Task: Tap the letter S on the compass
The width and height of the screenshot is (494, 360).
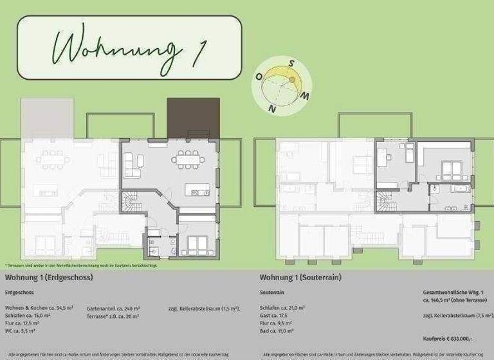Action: pos(291,63)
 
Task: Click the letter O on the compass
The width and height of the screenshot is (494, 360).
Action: pos(259,76)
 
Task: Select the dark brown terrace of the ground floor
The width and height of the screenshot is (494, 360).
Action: pos(193,118)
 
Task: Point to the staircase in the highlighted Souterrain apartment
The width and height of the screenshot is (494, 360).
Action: pos(387,195)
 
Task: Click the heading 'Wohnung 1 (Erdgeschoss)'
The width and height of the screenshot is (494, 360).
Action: pos(49,278)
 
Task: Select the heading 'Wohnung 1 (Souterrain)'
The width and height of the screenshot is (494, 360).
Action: pos(300,278)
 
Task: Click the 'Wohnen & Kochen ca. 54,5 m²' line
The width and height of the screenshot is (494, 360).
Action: pos(38,309)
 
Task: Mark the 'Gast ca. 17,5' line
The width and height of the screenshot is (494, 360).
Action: pos(273,316)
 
